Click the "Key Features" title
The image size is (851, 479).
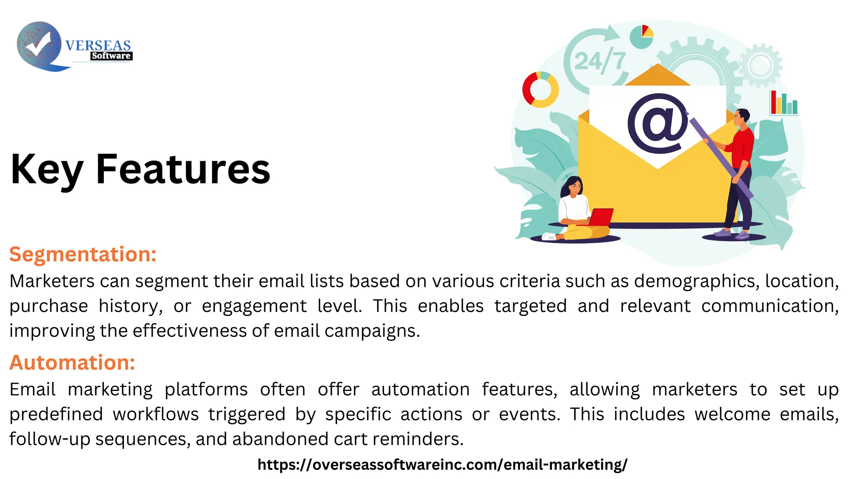click(140, 169)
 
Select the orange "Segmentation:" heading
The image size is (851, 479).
click(83, 254)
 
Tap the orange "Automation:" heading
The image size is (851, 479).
click(72, 362)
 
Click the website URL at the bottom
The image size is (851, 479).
click(442, 464)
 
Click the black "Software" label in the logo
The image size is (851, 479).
click(111, 56)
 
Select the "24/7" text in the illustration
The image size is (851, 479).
click(599, 61)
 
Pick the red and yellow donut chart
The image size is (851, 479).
click(540, 89)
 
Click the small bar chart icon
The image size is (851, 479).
click(784, 103)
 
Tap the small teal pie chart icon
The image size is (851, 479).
click(642, 37)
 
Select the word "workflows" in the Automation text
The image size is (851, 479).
click(156, 414)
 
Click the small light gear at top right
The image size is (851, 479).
click(760, 65)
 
